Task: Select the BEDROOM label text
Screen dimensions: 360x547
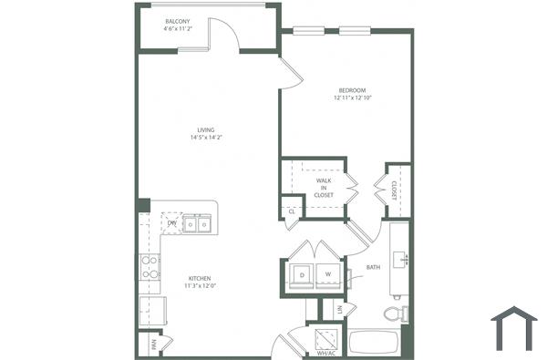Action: (352, 90)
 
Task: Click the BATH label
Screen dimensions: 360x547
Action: (373, 268)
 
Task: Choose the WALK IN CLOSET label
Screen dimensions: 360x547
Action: (325, 188)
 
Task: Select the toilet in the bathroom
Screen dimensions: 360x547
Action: (395, 314)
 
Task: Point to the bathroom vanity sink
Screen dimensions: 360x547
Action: (402, 259)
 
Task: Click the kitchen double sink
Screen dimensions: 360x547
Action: (196, 223)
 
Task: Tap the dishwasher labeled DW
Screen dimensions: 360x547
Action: (171, 222)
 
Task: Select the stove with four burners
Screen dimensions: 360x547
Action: (150, 267)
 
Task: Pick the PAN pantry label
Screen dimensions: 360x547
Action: (152, 344)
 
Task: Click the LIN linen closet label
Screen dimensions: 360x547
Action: (339, 311)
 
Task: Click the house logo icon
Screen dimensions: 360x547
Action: (514, 328)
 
